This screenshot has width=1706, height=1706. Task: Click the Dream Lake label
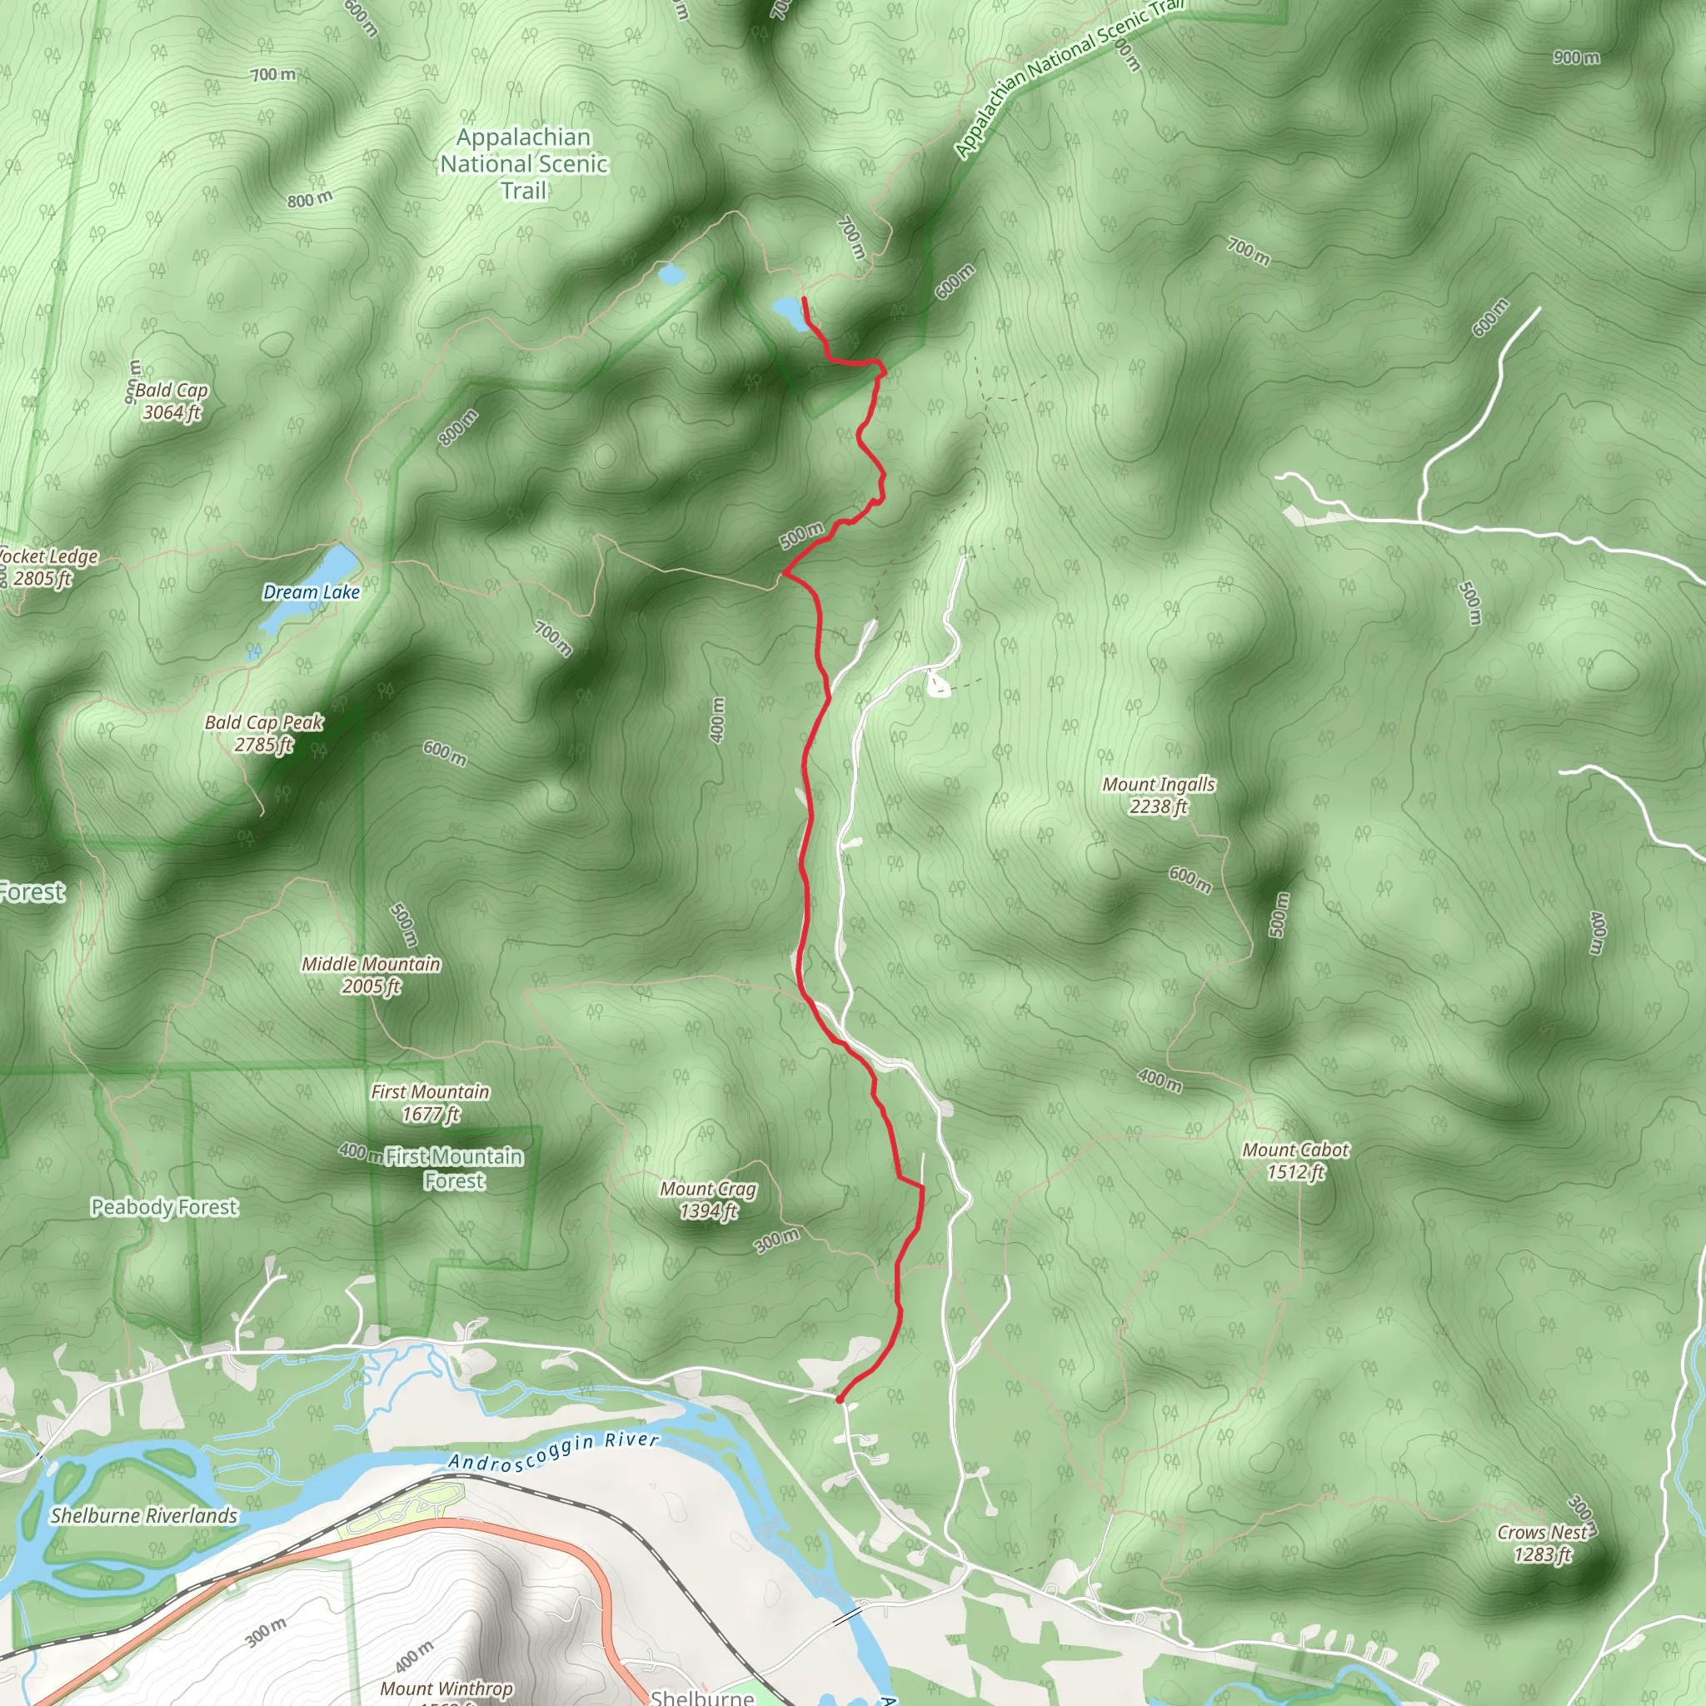tap(311, 591)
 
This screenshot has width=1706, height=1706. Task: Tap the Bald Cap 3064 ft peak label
tap(172, 401)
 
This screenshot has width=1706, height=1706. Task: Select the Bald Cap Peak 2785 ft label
tap(263, 733)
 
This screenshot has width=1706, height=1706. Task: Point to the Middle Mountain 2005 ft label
tap(371, 975)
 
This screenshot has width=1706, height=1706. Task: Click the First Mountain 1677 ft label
tap(430, 1103)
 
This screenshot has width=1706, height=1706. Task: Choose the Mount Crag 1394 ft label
tap(708, 1200)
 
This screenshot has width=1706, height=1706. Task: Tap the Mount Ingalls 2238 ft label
tap(1159, 795)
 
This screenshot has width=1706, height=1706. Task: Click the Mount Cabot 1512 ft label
tap(1295, 1160)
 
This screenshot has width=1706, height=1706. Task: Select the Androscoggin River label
tap(554, 1451)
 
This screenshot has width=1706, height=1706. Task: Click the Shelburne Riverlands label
tap(144, 1515)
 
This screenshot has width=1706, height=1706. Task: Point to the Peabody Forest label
tap(164, 1207)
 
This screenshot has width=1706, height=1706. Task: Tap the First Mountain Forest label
tap(454, 1168)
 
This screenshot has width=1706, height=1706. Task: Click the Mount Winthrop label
tap(446, 1688)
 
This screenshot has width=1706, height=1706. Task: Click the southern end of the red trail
tap(838, 1399)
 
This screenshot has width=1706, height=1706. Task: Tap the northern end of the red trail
tap(804, 298)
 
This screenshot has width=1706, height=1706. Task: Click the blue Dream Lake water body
tap(332, 565)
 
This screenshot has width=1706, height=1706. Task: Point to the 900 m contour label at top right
tap(1576, 57)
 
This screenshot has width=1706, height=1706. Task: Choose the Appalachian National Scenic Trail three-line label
tap(524, 163)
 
